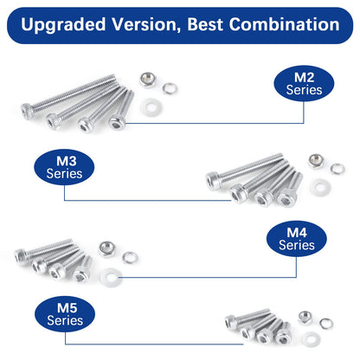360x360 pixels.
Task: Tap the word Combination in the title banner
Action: click(278, 25)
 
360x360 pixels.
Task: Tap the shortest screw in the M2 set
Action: click(121, 110)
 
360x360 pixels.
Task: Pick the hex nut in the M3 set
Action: click(315, 161)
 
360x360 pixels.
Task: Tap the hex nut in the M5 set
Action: click(305, 316)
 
